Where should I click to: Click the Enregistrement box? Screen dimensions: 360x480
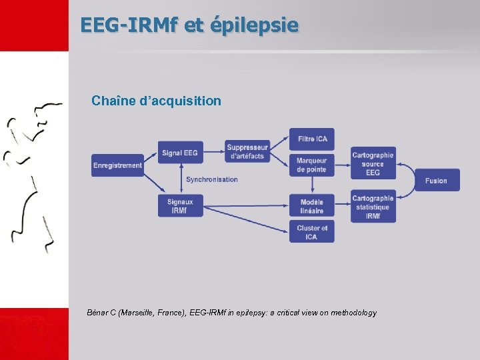118,165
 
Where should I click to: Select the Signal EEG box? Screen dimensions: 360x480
180,153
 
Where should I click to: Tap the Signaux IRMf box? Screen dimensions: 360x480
180,206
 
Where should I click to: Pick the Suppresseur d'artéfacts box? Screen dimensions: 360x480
247,152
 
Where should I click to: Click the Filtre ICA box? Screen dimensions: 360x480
312,139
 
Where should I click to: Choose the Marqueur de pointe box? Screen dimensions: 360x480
312,165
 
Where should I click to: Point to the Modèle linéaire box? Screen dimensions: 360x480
312,206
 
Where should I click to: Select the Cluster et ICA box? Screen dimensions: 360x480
312,232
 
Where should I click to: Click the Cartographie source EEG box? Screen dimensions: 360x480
373,164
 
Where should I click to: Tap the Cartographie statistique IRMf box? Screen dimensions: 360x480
373,207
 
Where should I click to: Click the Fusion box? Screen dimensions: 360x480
437,181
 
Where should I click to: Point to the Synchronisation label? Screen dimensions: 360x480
212,179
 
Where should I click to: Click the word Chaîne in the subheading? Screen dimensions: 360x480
113,101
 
